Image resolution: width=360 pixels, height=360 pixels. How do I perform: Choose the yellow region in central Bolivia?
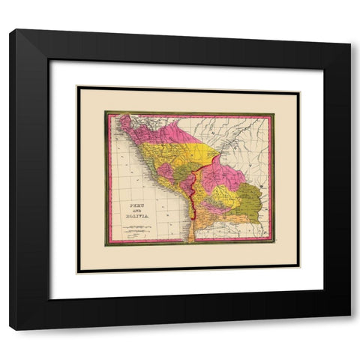(x=223, y=196)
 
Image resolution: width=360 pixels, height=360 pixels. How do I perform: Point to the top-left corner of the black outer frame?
(x=11, y=31)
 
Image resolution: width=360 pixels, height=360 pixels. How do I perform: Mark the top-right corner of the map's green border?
(x=273, y=114)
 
